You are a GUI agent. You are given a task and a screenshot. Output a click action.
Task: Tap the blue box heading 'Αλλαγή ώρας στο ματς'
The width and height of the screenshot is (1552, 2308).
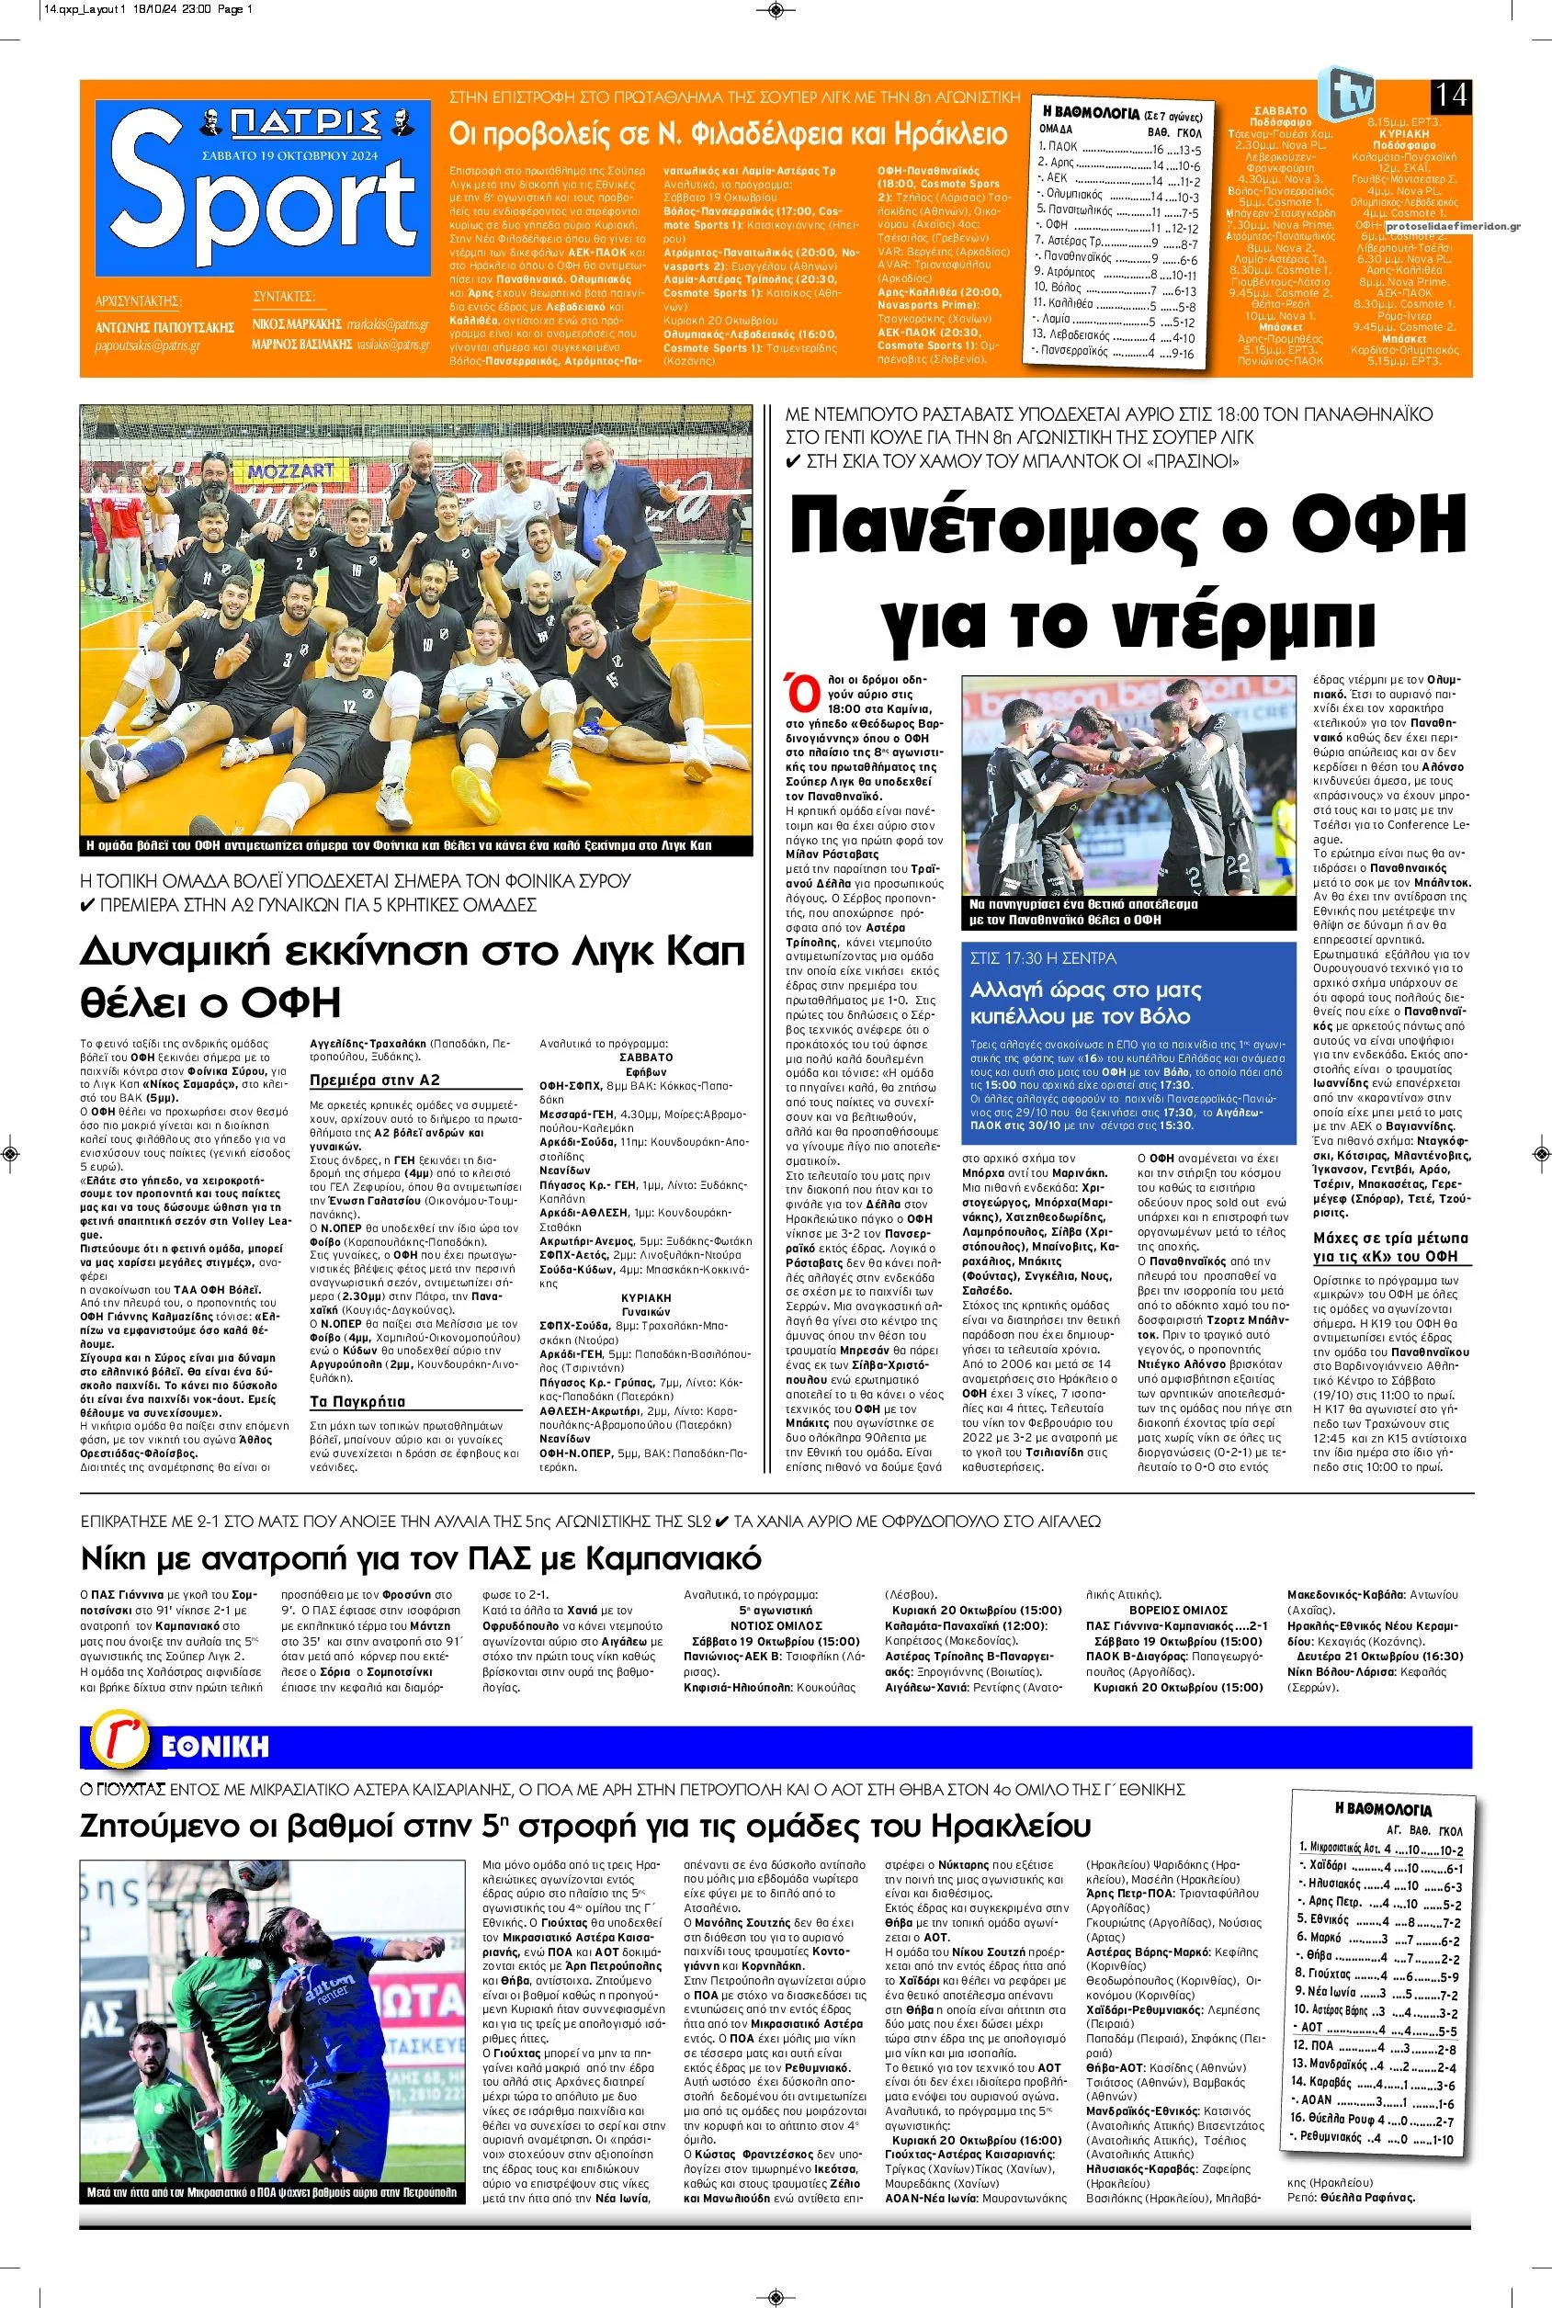click(1085, 990)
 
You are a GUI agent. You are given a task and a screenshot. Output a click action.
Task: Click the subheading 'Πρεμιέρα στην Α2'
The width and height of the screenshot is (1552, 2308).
click(374, 1080)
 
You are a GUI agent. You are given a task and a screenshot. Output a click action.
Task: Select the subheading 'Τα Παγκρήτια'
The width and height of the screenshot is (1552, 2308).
click(357, 1401)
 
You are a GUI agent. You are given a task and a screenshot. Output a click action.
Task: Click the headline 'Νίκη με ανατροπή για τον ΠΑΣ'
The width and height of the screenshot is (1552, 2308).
click(421, 1560)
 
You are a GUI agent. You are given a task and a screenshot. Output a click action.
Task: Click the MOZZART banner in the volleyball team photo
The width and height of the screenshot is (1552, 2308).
click(291, 471)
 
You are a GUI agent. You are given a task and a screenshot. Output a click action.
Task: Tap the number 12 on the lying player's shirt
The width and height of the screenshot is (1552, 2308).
click(349, 707)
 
